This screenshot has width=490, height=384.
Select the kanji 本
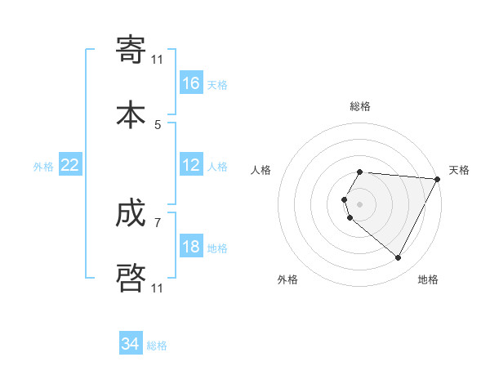click(x=131, y=114)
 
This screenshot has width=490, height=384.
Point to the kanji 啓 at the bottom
click(x=131, y=277)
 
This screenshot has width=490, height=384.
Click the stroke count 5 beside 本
click(x=158, y=124)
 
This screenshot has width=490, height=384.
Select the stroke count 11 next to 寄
click(x=157, y=60)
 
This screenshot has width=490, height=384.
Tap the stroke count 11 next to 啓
click(x=157, y=288)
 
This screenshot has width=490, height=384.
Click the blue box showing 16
click(x=191, y=83)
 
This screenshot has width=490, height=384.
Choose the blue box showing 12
click(x=191, y=165)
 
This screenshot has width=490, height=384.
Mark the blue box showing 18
click(x=191, y=247)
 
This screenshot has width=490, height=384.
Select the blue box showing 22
click(x=70, y=165)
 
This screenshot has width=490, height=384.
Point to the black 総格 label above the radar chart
click(x=360, y=106)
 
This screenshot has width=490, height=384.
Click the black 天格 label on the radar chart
click(x=459, y=170)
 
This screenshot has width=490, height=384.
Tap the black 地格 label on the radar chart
click(x=428, y=279)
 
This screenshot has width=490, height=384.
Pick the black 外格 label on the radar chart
click(x=287, y=279)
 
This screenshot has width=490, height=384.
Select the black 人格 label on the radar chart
click(x=261, y=170)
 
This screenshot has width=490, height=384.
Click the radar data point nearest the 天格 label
click(x=438, y=179)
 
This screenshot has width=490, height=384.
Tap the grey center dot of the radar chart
click(x=360, y=204)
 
